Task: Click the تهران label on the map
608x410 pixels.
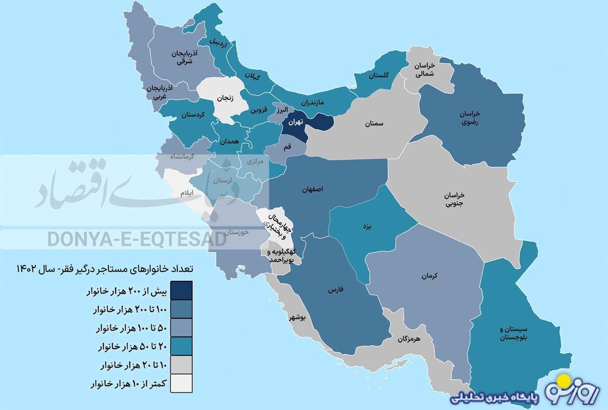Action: [296, 122]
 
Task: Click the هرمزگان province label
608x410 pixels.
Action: [409, 338]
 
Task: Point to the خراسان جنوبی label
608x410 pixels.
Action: [454, 200]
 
